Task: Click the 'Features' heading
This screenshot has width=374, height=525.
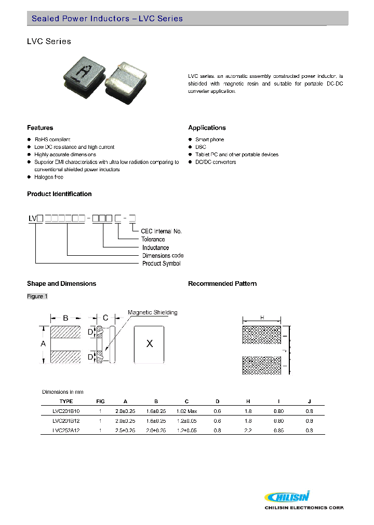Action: tap(40, 128)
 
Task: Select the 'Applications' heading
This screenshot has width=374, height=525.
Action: tap(207, 128)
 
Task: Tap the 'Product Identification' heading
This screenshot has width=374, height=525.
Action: tap(59, 194)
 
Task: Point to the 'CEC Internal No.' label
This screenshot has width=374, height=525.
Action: tap(162, 231)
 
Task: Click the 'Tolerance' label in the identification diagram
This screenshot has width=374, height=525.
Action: tap(153, 239)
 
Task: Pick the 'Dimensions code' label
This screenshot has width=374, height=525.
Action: tap(163, 256)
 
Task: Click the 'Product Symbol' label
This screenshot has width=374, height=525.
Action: tap(162, 264)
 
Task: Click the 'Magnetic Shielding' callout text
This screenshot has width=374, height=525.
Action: tap(153, 312)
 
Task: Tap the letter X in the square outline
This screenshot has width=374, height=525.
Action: tap(150, 344)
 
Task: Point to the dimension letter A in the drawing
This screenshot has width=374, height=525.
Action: tap(43, 344)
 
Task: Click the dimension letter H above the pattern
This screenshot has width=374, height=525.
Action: tap(262, 317)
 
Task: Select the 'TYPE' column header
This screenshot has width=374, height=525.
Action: tap(66, 401)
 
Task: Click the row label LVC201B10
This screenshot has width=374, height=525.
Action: tap(66, 411)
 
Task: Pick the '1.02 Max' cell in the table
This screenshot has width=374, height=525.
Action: tap(186, 411)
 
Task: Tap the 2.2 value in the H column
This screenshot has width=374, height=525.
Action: tap(248, 430)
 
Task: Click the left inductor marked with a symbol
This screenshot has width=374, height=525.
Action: tap(83, 75)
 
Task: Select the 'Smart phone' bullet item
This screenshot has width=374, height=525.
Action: tap(210, 140)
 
